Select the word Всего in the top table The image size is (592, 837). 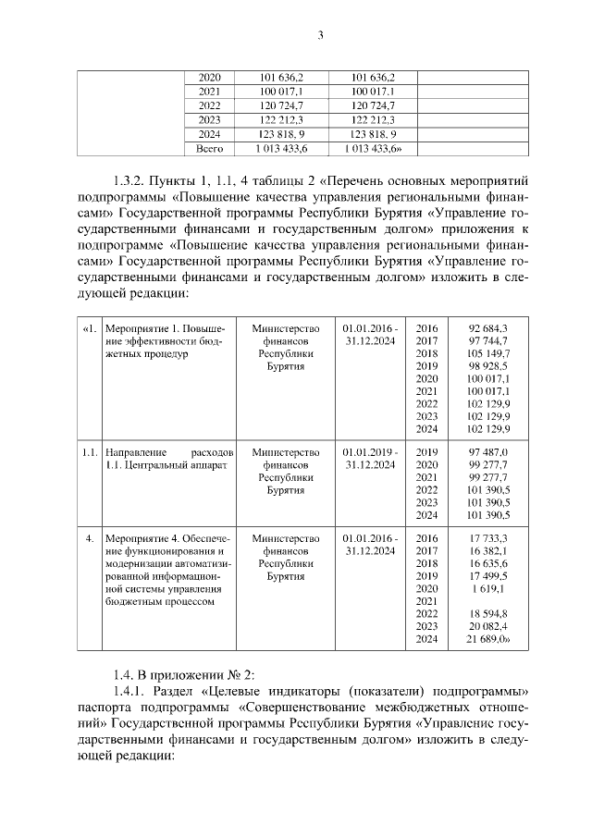point(210,148)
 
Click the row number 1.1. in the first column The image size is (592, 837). point(89,451)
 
